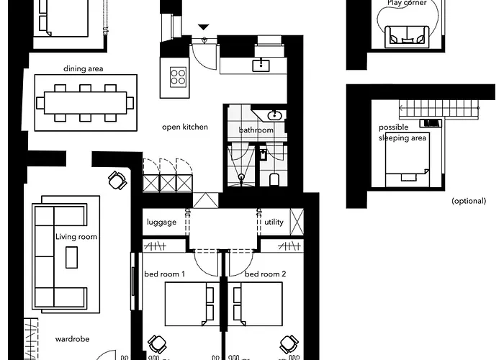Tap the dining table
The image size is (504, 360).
point(85,102)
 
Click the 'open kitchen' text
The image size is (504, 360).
point(185,127)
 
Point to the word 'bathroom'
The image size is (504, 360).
point(256,130)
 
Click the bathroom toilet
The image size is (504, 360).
point(273,178)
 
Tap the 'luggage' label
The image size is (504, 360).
point(161,222)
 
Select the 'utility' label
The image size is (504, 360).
point(274,222)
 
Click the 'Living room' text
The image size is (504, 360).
point(76,237)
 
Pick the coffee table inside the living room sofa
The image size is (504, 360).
point(72,257)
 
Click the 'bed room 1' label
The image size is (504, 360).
point(165,274)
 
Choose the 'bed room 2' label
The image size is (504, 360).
point(266,274)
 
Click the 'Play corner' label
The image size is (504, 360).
point(407,3)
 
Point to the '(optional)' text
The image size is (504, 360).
point(469,201)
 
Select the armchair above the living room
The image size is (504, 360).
point(117,179)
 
